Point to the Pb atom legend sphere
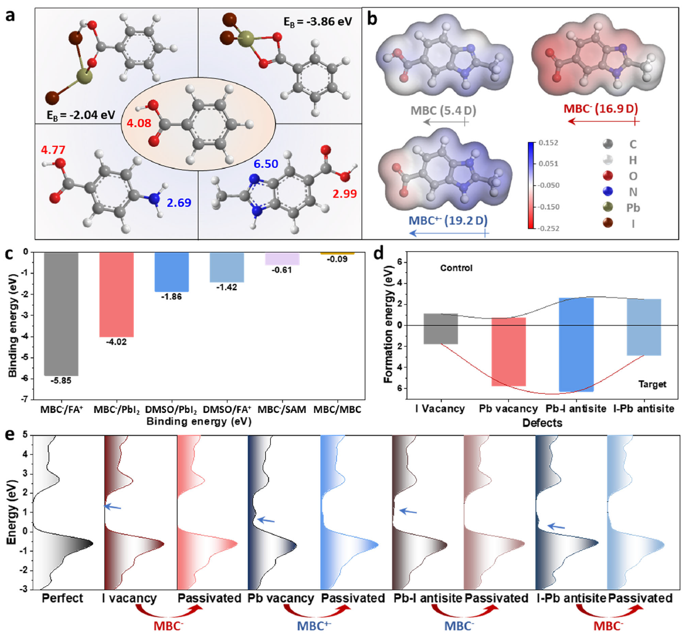[606, 209]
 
